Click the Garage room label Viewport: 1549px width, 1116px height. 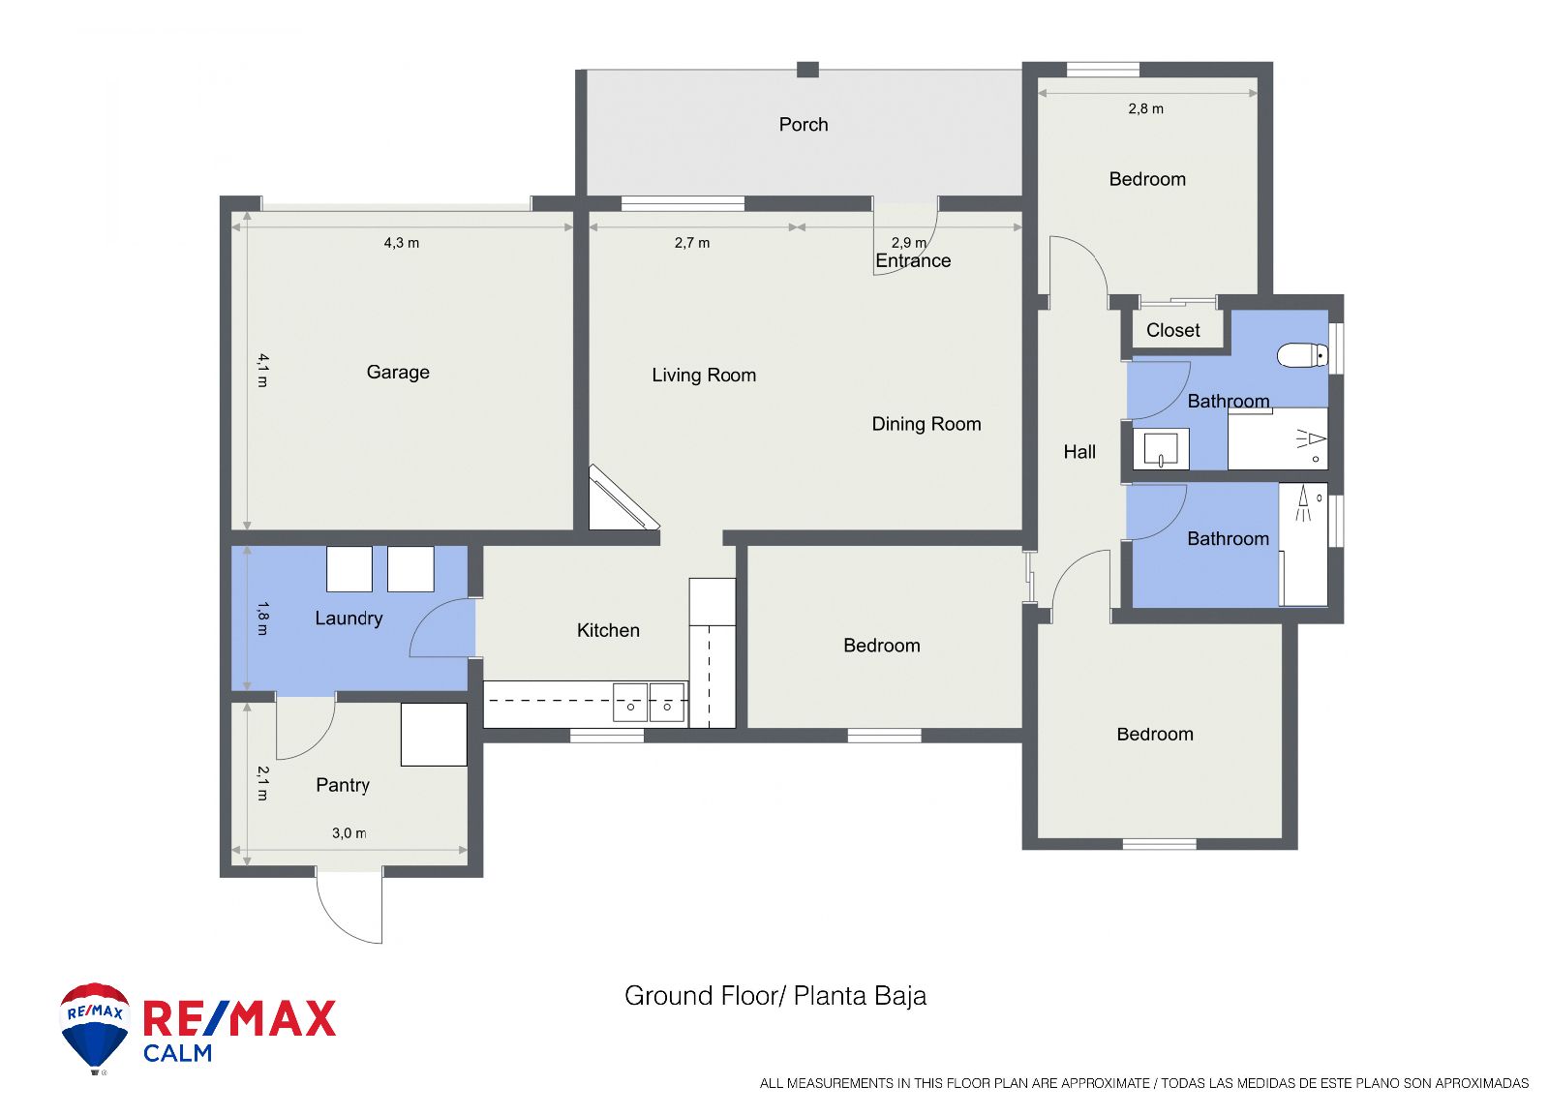point(398,372)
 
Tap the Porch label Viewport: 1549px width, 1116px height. point(803,125)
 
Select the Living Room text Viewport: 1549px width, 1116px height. point(704,375)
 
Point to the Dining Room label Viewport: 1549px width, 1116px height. point(926,424)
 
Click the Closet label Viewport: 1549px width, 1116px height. point(1172,330)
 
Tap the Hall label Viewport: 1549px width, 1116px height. point(1079,451)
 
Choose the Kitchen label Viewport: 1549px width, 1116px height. point(608,630)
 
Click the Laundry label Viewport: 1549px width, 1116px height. point(349,618)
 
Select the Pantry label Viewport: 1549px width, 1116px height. point(343,785)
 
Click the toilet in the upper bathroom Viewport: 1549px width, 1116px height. point(1302,355)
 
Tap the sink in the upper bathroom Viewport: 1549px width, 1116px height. point(1161,449)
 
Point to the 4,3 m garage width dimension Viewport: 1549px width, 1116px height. point(402,243)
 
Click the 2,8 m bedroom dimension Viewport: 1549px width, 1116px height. point(1146,108)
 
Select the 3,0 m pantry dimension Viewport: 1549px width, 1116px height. point(349,833)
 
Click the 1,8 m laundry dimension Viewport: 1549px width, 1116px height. point(262,618)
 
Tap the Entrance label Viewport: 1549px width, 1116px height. point(913,260)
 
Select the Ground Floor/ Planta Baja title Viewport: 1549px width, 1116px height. point(775,996)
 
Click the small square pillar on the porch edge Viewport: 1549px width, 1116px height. point(807,69)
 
